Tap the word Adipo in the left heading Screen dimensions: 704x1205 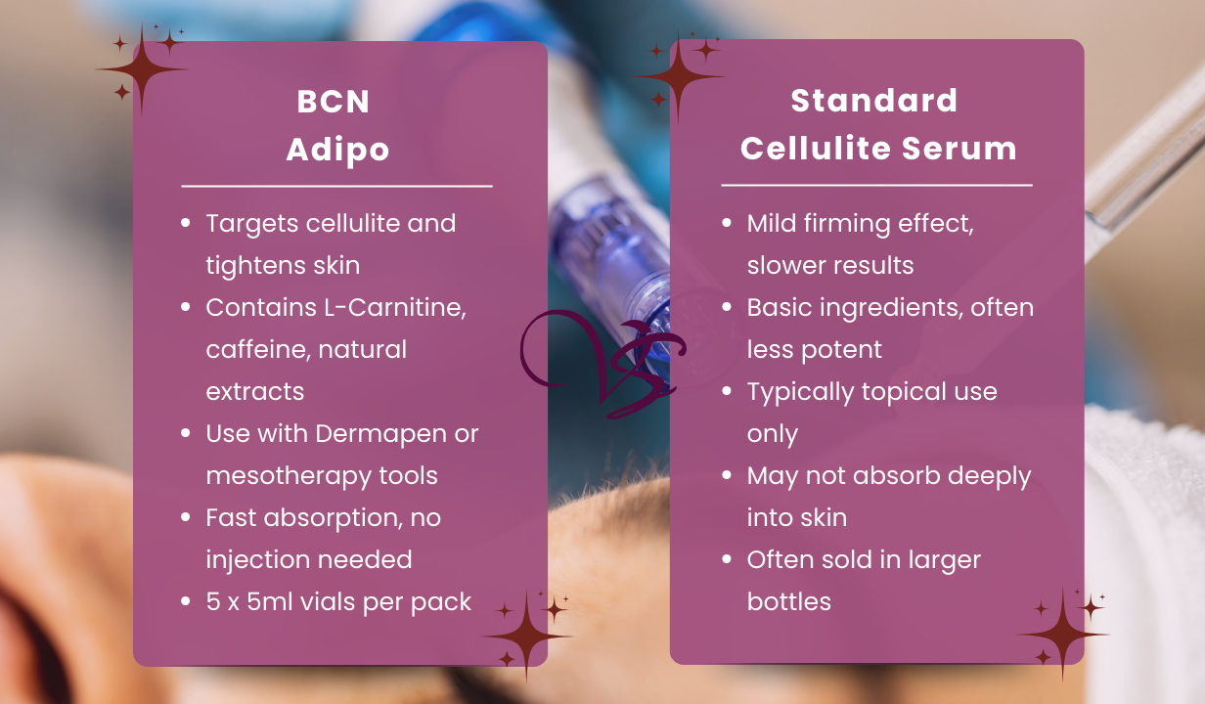[x=337, y=150]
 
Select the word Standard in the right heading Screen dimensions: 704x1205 [x=873, y=101]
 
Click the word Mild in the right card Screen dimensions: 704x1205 [x=774, y=223]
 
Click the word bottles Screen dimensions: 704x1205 [x=788, y=601]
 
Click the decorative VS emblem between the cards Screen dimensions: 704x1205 [x=602, y=362]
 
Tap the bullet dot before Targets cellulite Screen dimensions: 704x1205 [x=186, y=223]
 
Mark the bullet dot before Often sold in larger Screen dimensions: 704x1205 [x=727, y=560]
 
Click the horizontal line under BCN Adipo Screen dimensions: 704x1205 [x=336, y=186]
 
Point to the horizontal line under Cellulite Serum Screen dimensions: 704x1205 [x=876, y=185]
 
